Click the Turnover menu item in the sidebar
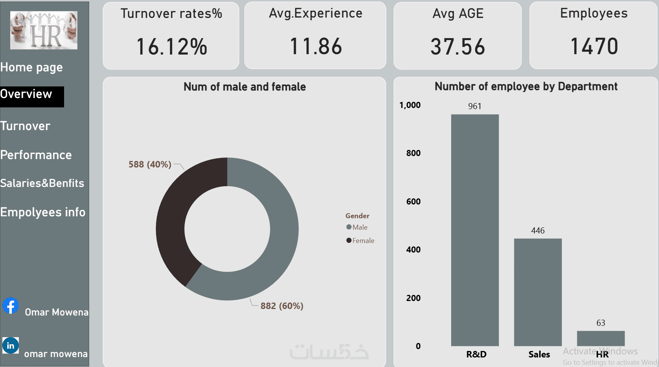(25, 126)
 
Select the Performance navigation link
(36, 155)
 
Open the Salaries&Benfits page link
(42, 183)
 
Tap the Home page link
(31, 68)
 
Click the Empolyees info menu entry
(43, 212)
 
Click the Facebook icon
(11, 306)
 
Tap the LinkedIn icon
(11, 346)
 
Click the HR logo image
(44, 30)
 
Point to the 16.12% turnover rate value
(172, 47)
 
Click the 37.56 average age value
(458, 47)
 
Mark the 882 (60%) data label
(282, 306)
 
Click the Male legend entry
(357, 227)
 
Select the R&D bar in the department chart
(475, 230)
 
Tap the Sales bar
(538, 292)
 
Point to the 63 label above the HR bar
(601, 323)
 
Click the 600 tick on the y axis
(413, 201)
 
